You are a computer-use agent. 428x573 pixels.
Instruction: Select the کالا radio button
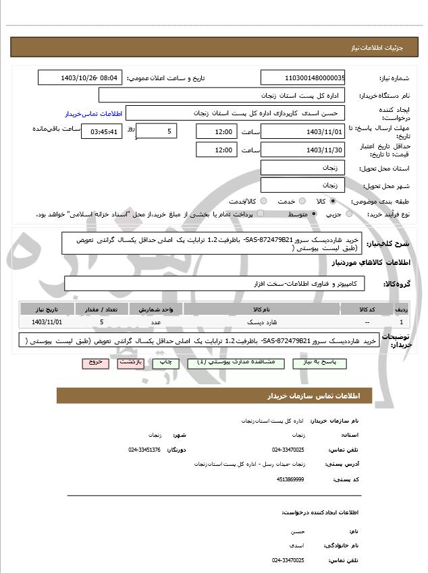(x=332, y=201)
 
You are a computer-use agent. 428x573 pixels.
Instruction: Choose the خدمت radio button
(x=301, y=201)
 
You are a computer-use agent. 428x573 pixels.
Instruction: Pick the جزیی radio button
(x=349, y=214)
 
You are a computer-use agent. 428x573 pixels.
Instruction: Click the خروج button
(x=95, y=362)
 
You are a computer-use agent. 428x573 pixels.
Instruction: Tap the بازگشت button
(x=130, y=362)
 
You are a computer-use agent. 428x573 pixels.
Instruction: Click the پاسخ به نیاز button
(x=323, y=362)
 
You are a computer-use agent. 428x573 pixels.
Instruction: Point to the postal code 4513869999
(x=290, y=479)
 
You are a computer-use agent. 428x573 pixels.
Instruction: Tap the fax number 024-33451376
(x=144, y=450)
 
